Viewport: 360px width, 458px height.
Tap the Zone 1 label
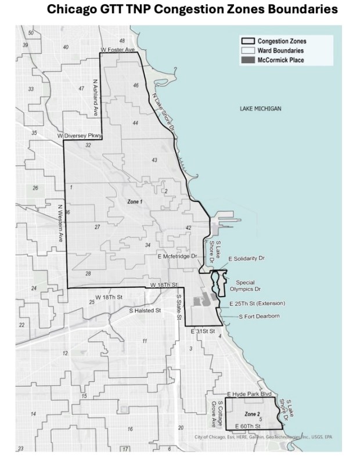click(x=134, y=201)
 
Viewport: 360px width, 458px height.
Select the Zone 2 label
click(x=251, y=413)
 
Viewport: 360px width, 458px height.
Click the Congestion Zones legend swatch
click(x=249, y=42)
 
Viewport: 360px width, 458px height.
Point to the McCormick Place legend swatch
click(x=249, y=60)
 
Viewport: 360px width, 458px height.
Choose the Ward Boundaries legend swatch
click(x=249, y=51)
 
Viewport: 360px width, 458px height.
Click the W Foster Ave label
click(x=117, y=51)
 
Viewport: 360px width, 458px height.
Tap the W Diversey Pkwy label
click(x=80, y=136)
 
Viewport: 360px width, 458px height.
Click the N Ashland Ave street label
click(x=96, y=98)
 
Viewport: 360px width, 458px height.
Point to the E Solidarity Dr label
click(x=247, y=258)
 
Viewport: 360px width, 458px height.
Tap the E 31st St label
click(x=203, y=330)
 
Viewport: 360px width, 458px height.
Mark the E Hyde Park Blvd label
click(x=251, y=394)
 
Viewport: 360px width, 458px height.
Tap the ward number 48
click(x=122, y=41)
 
